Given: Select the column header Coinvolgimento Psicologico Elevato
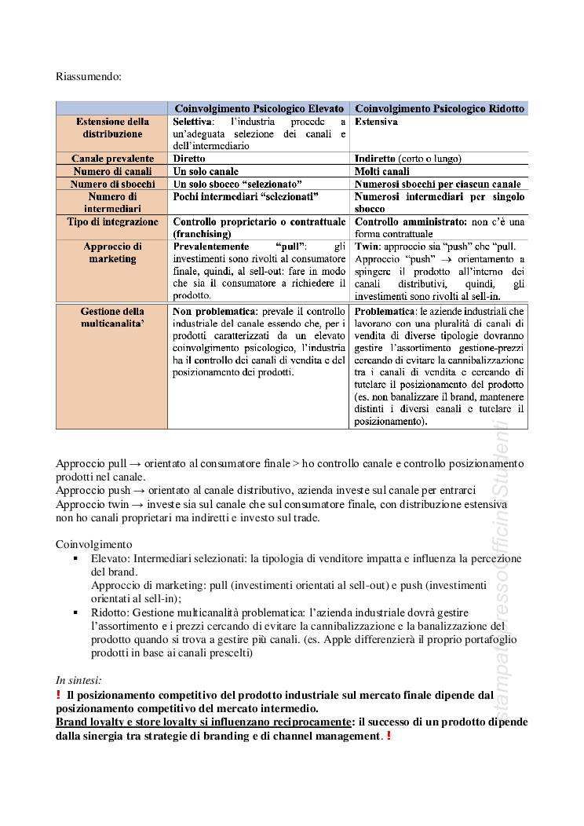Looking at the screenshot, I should [x=258, y=108].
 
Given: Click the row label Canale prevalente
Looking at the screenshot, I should [x=112, y=158].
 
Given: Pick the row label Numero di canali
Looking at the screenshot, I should [x=112, y=170].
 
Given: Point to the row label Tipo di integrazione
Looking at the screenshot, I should [x=112, y=222].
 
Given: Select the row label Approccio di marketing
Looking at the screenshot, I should [x=112, y=252].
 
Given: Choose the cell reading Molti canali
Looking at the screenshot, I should [x=382, y=170].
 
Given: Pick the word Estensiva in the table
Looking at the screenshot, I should [x=376, y=122].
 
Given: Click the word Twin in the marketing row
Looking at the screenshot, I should [x=367, y=246].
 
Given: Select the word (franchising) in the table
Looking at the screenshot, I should [x=202, y=233].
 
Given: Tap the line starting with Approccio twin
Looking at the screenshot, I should [x=283, y=503].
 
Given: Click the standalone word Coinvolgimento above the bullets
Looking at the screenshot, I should [x=94, y=543].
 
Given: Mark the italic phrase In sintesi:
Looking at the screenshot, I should [x=78, y=679].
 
